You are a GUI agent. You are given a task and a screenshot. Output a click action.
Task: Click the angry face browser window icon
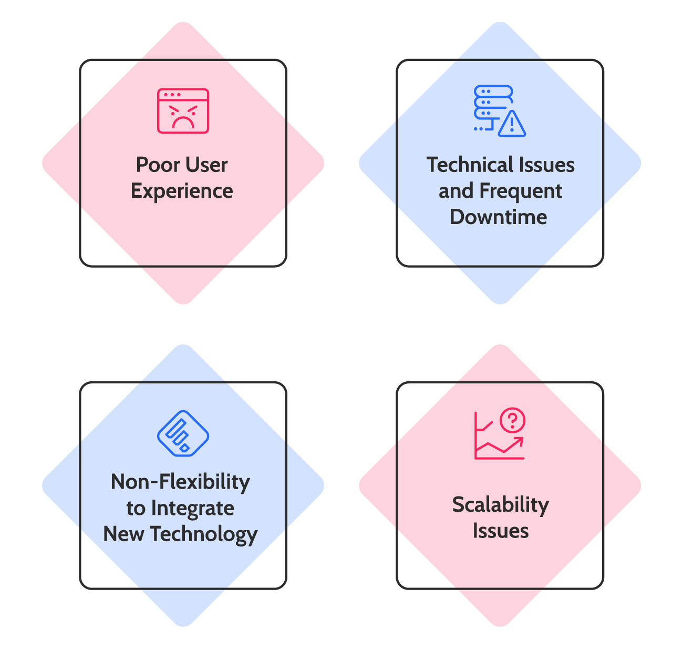[x=183, y=111]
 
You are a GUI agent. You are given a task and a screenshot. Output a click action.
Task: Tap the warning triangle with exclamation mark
[x=512, y=124]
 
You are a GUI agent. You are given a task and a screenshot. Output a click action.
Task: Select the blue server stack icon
[x=493, y=107]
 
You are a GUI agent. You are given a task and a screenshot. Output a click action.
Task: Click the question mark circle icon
[x=512, y=420]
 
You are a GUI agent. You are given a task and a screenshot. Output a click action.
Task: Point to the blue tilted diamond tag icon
[x=183, y=433]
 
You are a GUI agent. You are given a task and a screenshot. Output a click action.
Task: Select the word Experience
[x=182, y=191]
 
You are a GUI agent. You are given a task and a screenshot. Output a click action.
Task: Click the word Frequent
[x=521, y=191]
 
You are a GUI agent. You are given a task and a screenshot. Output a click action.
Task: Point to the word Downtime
[x=499, y=217]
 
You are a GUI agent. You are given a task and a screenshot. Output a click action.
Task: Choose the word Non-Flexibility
[x=180, y=482]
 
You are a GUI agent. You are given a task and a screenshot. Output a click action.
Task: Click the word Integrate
[x=193, y=509]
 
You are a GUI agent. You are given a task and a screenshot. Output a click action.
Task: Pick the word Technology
[x=204, y=534]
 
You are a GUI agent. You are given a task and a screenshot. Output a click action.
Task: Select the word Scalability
[x=501, y=505]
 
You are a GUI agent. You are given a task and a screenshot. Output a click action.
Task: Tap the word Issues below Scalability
[x=501, y=531]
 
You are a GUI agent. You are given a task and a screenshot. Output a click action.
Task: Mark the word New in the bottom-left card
[x=123, y=534]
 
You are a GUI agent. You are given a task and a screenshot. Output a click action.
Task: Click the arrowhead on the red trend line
[x=519, y=442]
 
